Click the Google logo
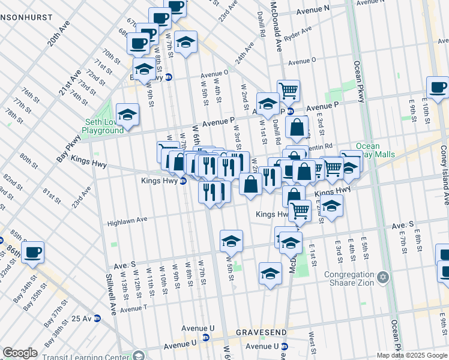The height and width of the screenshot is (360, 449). (x=20, y=353)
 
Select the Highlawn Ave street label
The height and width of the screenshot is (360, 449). (x=127, y=221)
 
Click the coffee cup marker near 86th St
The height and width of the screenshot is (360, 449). (x=33, y=253)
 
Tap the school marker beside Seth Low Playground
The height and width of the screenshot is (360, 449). (x=127, y=114)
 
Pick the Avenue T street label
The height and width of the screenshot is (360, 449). (x=133, y=309)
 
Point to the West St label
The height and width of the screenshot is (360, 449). (x=312, y=346)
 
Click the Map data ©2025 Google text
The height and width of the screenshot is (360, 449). (x=412, y=355)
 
